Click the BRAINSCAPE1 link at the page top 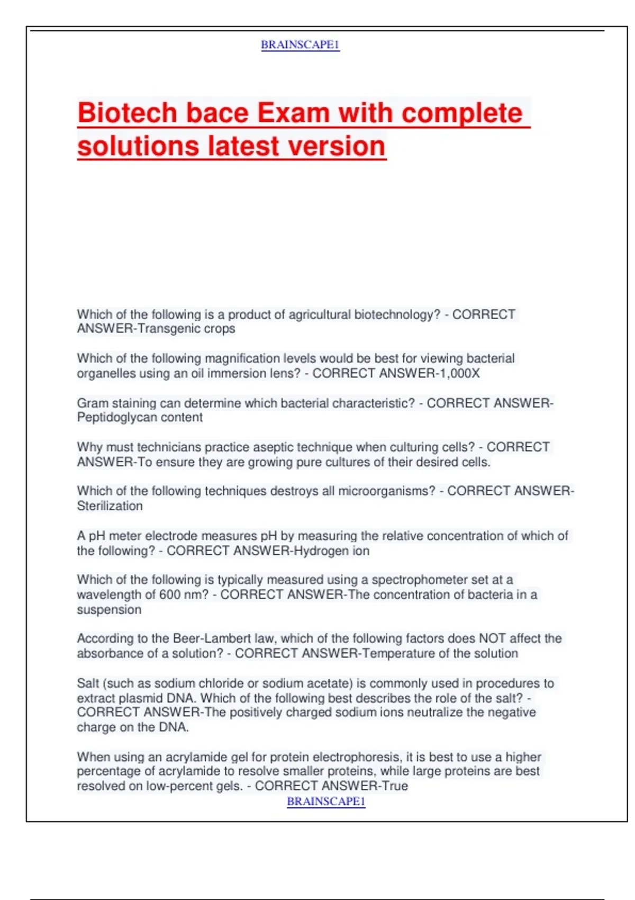click(x=300, y=45)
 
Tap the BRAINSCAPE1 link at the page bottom click(x=326, y=802)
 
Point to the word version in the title click(x=337, y=146)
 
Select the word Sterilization click(x=110, y=506)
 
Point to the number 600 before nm click(x=170, y=595)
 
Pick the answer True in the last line click(x=395, y=786)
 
